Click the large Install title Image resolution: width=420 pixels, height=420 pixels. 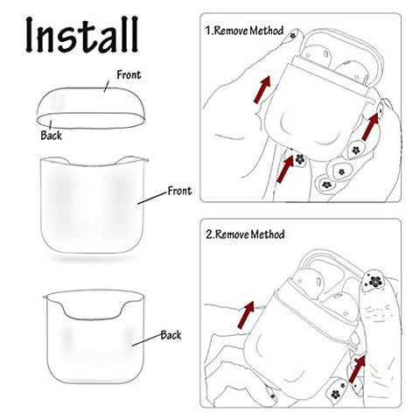click(x=81, y=34)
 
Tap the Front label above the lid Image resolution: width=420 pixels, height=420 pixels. click(x=129, y=75)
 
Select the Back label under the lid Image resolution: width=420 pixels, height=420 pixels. click(x=51, y=136)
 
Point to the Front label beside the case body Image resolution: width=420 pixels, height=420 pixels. click(x=179, y=191)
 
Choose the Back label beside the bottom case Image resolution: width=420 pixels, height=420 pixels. click(x=171, y=335)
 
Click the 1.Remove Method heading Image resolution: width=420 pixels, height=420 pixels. click(x=244, y=31)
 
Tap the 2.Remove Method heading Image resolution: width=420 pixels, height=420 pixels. click(x=245, y=234)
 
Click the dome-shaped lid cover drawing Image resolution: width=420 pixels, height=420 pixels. click(x=91, y=108)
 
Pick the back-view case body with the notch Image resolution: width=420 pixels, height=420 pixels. click(x=94, y=337)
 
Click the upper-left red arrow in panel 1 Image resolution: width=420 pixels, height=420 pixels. click(x=262, y=89)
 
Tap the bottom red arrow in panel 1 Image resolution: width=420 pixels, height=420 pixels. click(x=285, y=169)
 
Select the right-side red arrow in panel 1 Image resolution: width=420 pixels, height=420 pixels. click(x=370, y=127)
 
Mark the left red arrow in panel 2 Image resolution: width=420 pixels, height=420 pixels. click(x=246, y=315)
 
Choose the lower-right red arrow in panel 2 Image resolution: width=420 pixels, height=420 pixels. click(x=357, y=369)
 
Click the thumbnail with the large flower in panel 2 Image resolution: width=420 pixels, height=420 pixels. click(x=373, y=282)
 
